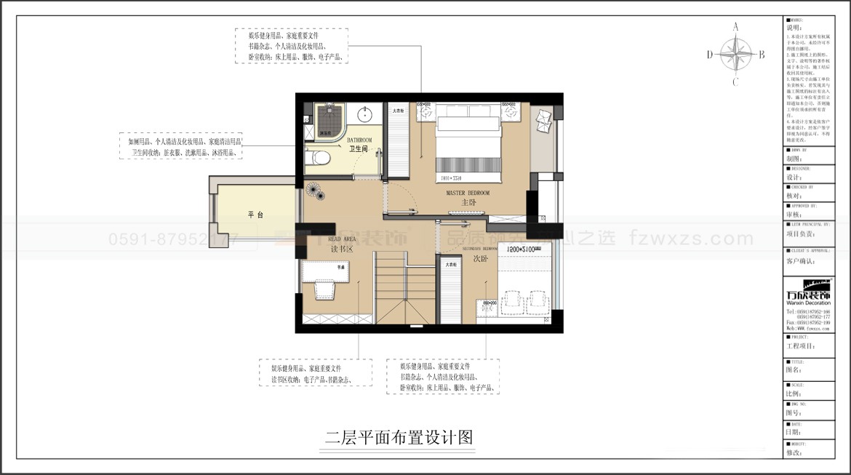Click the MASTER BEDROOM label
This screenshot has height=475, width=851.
click(468, 193)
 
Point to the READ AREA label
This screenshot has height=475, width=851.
click(341, 239)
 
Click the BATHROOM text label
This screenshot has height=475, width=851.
click(359, 140)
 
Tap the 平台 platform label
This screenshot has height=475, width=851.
click(255, 215)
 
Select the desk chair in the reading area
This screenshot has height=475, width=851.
click(323, 291)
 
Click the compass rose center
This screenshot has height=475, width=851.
click(735, 54)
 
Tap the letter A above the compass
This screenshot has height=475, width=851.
click(735, 27)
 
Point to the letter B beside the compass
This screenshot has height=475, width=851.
click(762, 54)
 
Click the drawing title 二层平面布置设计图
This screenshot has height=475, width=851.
click(399, 438)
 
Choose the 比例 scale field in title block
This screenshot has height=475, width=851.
click(794, 394)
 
